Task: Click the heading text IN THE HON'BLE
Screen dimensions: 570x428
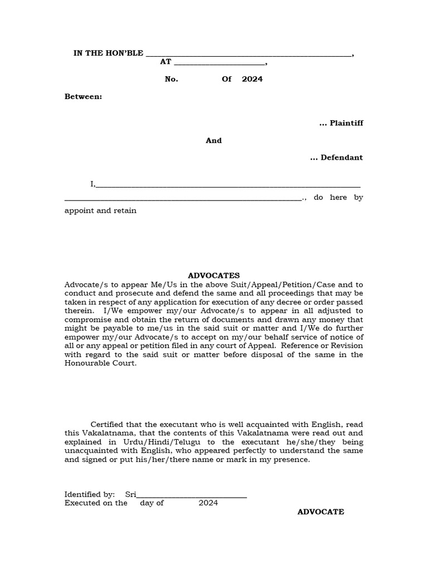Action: [x=108, y=53]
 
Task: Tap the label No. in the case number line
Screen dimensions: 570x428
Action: [x=171, y=79]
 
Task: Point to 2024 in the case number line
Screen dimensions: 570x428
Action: [x=252, y=79]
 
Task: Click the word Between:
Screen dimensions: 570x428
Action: [x=83, y=96]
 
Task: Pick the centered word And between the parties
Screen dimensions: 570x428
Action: [x=213, y=140]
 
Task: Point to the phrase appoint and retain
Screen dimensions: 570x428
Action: [x=100, y=211]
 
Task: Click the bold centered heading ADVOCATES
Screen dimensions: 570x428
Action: [x=213, y=276]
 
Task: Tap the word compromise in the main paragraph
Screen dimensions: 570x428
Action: [x=86, y=320]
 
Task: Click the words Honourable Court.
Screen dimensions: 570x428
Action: [x=100, y=363]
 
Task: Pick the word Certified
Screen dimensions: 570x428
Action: [x=108, y=425]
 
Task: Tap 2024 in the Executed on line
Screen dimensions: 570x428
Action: [x=208, y=503]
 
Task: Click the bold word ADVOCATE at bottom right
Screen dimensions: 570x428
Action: [x=320, y=512]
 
